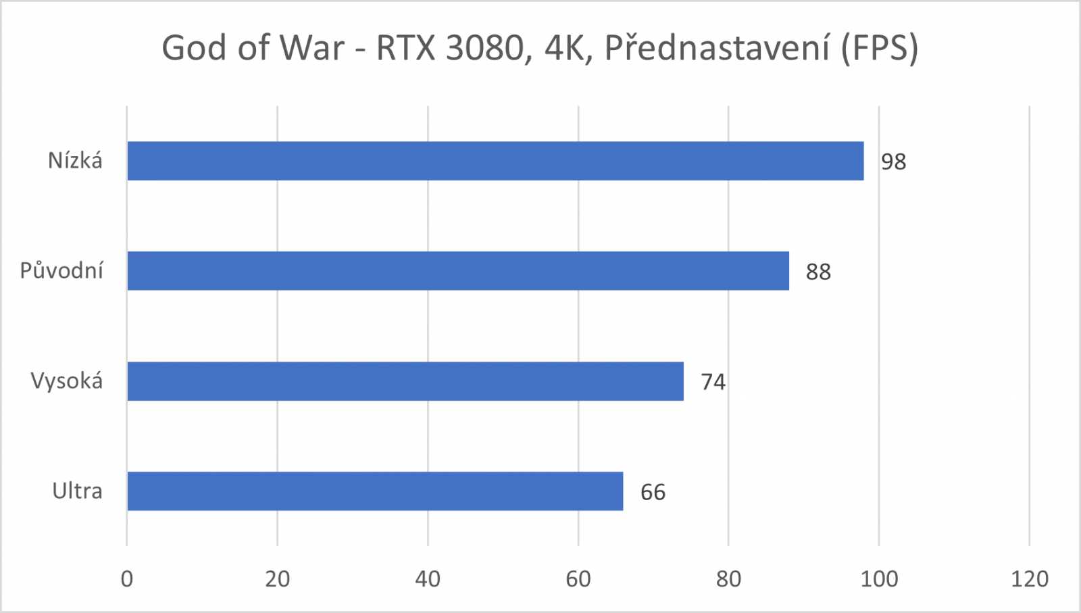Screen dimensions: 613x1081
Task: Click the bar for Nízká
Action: pyautogui.click(x=495, y=161)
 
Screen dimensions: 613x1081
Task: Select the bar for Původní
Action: pyautogui.click(x=458, y=271)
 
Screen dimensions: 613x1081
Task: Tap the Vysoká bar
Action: pyautogui.click(x=405, y=381)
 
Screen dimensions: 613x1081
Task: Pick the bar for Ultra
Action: pyautogui.click(x=375, y=491)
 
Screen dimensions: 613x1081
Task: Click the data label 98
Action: pyautogui.click(x=893, y=162)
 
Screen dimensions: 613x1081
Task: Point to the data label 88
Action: pyautogui.click(x=818, y=272)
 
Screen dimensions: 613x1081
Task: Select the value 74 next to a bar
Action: pyautogui.click(x=713, y=383)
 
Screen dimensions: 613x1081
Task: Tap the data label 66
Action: pyautogui.click(x=653, y=493)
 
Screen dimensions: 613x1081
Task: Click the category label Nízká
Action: pyautogui.click(x=75, y=161)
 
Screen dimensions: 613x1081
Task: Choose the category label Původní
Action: pyautogui.click(x=61, y=271)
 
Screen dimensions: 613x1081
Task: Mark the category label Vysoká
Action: pyautogui.click(x=67, y=381)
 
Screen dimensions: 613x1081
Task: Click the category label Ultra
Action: pyautogui.click(x=77, y=491)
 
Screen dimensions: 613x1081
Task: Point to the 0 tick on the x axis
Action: pyautogui.click(x=127, y=579)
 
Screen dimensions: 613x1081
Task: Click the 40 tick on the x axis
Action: pyautogui.click(x=428, y=579)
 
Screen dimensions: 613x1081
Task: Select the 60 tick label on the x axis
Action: pyautogui.click(x=578, y=579)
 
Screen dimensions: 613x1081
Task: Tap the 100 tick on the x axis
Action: pyautogui.click(x=879, y=579)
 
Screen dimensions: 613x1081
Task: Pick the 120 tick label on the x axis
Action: pyautogui.click(x=1030, y=579)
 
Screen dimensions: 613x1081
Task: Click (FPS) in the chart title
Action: pyautogui.click(x=880, y=49)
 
